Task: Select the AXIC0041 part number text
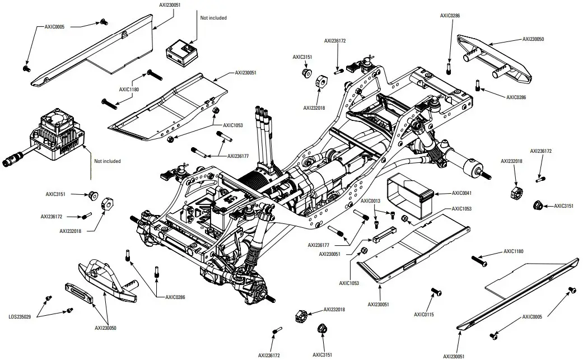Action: (463, 193)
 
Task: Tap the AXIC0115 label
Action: (424, 315)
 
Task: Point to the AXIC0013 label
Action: (370, 200)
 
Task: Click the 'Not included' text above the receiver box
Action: (213, 18)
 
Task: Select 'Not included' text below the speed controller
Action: (107, 161)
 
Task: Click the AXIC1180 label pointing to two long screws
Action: (129, 89)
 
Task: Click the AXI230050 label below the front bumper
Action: (105, 328)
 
